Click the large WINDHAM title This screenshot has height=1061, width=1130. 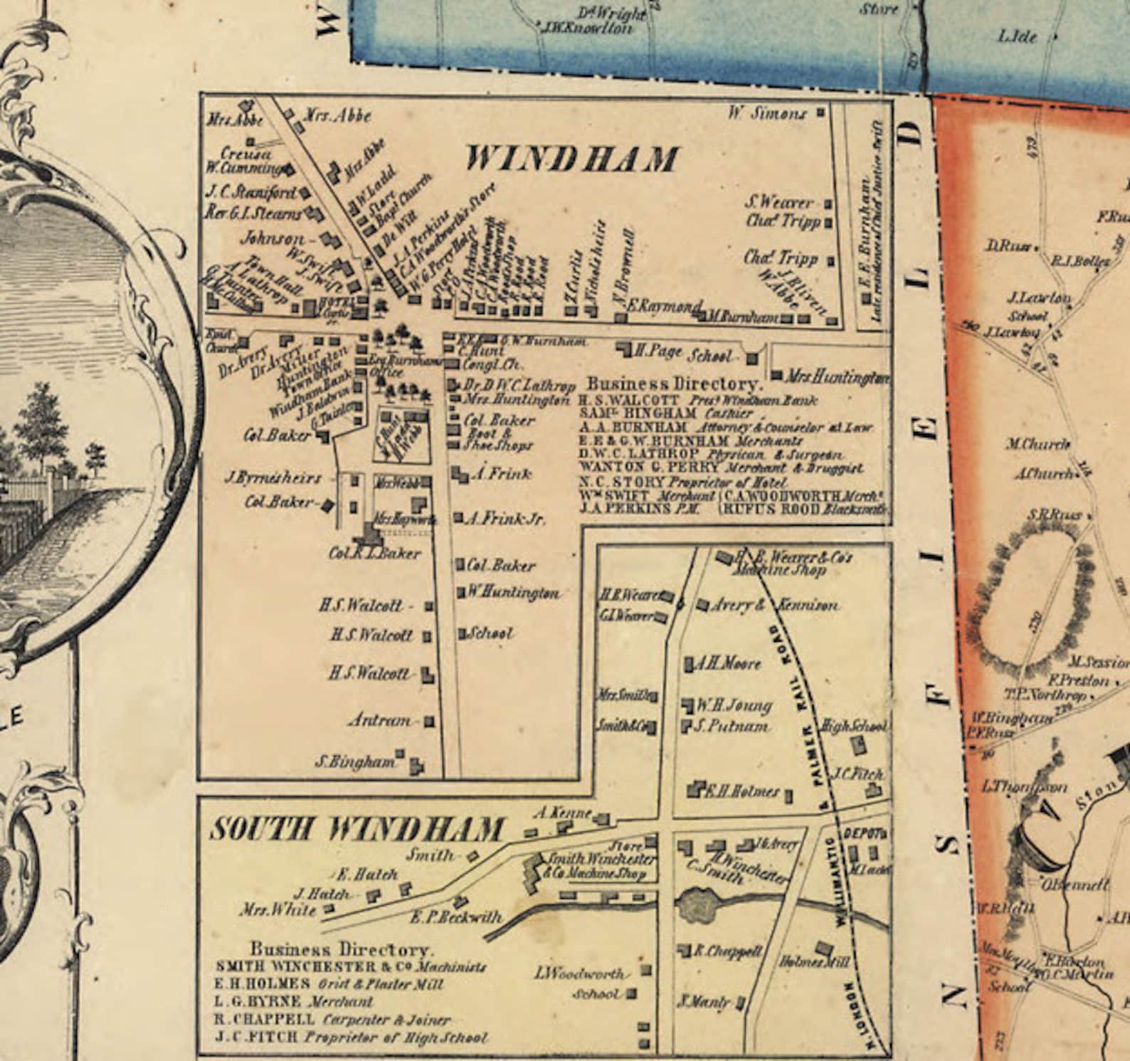click(571, 159)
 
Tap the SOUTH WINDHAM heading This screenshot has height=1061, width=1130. click(357, 830)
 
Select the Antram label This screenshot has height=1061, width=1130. click(380, 721)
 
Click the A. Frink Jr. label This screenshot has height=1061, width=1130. click(506, 519)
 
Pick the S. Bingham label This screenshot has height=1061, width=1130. click(354, 761)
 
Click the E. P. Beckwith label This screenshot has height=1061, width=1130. click(455, 917)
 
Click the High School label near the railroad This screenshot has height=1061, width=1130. click(853, 727)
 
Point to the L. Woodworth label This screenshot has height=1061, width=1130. click(581, 973)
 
